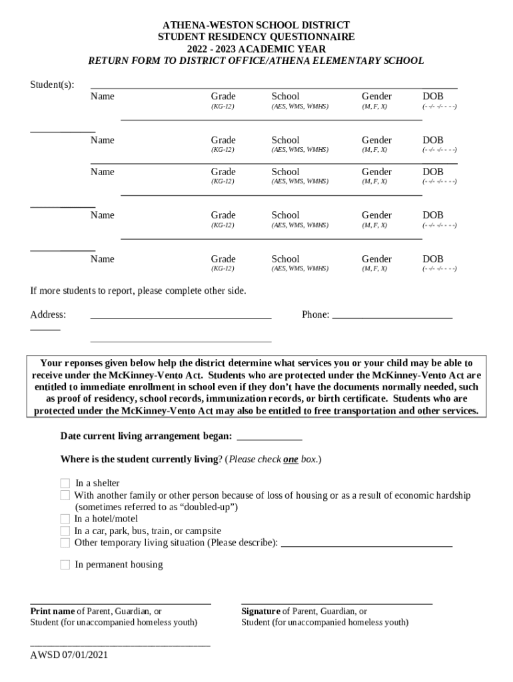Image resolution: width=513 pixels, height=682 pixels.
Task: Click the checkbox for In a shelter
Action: [65, 483]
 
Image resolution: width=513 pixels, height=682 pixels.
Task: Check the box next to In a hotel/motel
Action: [65, 519]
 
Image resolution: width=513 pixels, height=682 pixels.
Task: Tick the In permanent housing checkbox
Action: [65, 565]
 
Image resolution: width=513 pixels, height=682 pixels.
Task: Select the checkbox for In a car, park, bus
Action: [65, 531]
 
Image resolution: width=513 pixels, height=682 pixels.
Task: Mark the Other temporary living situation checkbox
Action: [65, 543]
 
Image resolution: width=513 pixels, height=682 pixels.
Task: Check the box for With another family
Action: [65, 495]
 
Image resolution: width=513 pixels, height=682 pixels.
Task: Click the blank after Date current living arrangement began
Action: [269, 438]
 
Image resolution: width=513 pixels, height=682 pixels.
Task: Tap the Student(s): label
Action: [52, 85]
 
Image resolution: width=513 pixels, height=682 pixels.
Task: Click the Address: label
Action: [48, 314]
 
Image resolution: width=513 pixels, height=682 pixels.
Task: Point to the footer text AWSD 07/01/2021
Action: [69, 655]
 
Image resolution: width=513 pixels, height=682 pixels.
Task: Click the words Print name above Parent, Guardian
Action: [53, 611]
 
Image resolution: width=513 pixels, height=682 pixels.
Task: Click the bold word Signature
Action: [260, 611]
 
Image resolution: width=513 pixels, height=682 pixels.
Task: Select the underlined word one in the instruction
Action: [290, 460]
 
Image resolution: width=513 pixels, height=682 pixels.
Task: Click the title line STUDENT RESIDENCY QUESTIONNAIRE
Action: [256, 37]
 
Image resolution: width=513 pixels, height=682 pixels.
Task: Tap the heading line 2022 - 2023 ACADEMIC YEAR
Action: [256, 49]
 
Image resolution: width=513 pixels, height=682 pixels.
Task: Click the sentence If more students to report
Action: [138, 291]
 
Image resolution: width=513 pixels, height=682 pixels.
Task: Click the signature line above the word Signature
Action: [336, 603]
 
